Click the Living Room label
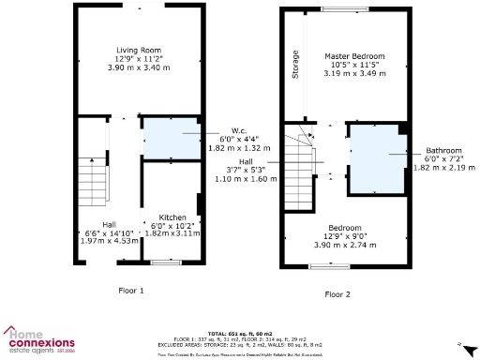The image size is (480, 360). (x=136, y=50)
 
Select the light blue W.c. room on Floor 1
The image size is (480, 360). (x=169, y=139)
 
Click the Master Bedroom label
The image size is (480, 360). (x=351, y=55)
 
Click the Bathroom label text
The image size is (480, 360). (x=442, y=150)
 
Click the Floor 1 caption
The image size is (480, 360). (x=130, y=291)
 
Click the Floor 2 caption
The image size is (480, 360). (x=337, y=294)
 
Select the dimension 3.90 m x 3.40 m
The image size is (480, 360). (x=136, y=67)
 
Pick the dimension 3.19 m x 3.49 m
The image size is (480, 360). (x=351, y=73)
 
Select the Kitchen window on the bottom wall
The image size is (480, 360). (x=167, y=262)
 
